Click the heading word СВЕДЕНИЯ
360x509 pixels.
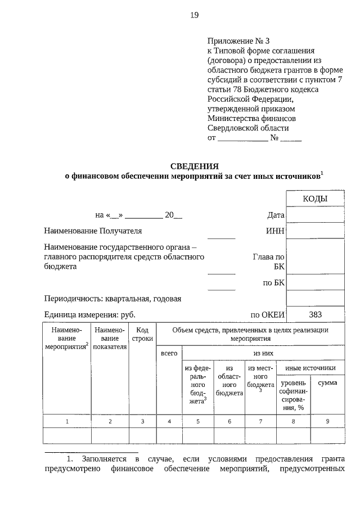pyautogui.click(x=194, y=166)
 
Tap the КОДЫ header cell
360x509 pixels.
pyautogui.click(x=315, y=199)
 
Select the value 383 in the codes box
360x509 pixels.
pyautogui.click(x=315, y=314)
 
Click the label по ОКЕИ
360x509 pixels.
pyautogui.click(x=268, y=315)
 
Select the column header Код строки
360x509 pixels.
pyautogui.click(x=142, y=335)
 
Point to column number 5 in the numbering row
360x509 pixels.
pyautogui.click(x=198, y=421)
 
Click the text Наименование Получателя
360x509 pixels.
pyautogui.click(x=93, y=231)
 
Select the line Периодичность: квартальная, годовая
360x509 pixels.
pyautogui.click(x=112, y=299)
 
